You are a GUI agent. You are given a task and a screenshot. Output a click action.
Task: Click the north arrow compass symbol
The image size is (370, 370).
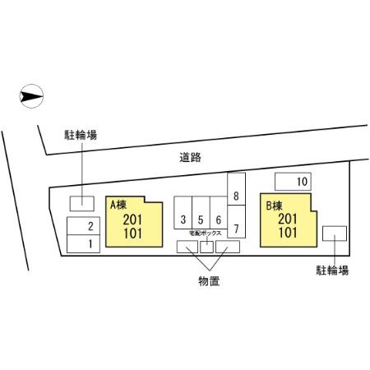[x=31, y=96]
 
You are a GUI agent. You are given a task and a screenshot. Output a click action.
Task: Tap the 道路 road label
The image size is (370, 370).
[x=190, y=157]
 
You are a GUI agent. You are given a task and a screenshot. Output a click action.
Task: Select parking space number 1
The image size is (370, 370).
[x=83, y=243]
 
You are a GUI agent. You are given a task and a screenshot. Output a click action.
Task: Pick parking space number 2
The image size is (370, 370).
[x=83, y=226]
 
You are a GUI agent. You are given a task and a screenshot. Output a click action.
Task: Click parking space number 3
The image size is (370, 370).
[x=183, y=213]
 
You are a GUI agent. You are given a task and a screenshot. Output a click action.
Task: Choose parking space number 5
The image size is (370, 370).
[x=201, y=213]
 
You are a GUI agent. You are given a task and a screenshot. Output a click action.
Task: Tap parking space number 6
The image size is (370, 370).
[x=219, y=213]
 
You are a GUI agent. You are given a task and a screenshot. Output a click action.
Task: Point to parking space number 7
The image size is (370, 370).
[x=236, y=221]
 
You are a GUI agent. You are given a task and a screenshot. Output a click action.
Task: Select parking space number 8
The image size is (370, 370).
[x=236, y=189]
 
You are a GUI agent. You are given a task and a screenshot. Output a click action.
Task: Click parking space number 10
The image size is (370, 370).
[x=293, y=182]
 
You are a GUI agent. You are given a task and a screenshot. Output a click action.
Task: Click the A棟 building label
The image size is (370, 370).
[x=118, y=205]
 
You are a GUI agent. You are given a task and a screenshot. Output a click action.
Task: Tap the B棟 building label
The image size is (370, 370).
[x=274, y=206]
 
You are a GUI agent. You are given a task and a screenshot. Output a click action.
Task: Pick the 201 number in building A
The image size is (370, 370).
[x=132, y=220]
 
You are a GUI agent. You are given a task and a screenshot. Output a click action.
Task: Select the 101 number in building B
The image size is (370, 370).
[x=288, y=233]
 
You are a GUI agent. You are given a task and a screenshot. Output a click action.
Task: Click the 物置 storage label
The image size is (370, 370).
[x=209, y=281]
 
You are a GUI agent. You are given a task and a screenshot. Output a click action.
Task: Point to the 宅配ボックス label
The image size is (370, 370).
[x=206, y=234]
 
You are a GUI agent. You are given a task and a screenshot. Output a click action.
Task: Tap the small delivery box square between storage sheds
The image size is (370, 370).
[x=206, y=247]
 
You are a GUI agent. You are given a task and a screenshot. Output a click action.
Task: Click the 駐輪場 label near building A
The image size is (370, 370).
[x=81, y=135]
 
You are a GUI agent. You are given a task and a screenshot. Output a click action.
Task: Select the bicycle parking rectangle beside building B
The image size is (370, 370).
[x=335, y=234]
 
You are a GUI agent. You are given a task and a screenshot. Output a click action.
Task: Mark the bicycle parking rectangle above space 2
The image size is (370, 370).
[x=82, y=204]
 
